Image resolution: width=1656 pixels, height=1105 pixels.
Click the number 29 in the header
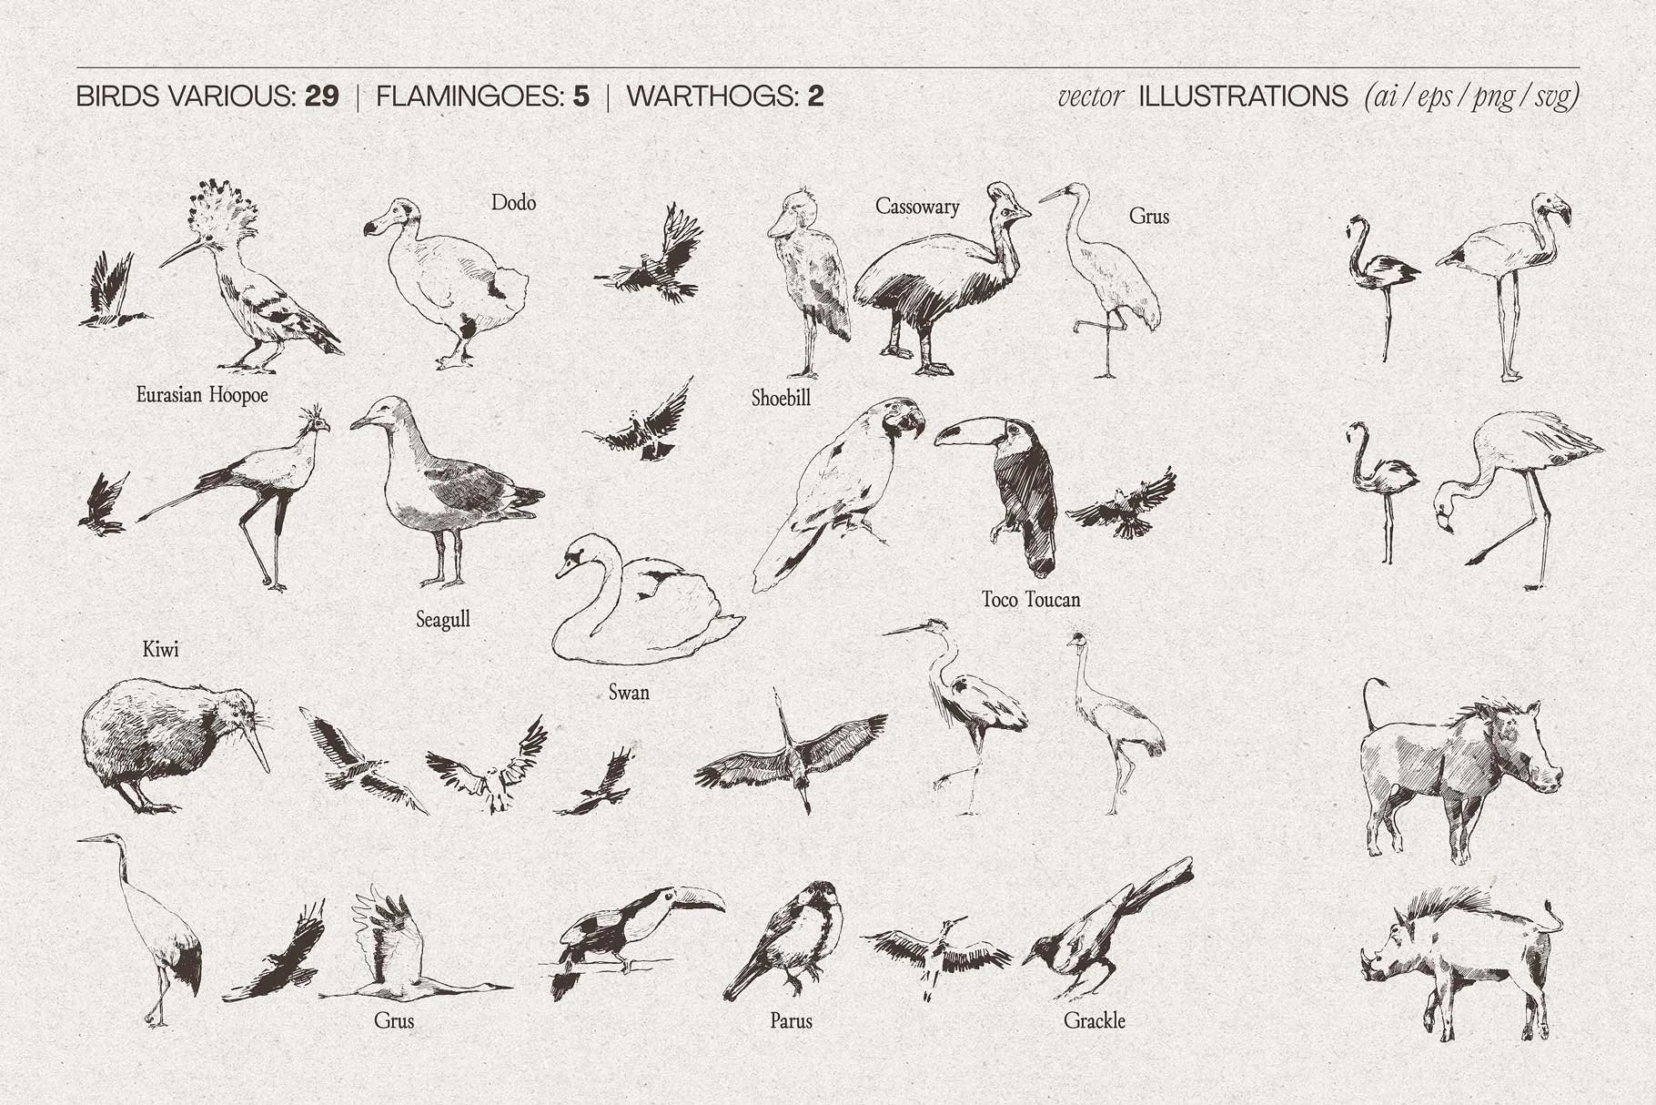click(322, 96)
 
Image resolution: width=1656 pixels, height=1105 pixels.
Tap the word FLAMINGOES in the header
click(470, 96)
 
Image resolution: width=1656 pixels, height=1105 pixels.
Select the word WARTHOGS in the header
click(712, 96)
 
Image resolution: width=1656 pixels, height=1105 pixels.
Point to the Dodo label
click(513, 202)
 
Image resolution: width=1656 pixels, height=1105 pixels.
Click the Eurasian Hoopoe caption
click(202, 395)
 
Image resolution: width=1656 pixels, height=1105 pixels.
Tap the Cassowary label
click(917, 207)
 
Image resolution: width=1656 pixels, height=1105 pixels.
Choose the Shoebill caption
click(781, 398)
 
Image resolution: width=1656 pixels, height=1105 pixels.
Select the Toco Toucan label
click(1031, 599)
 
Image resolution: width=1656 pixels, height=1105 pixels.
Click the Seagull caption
click(443, 620)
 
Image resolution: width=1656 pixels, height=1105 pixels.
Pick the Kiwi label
click(161, 649)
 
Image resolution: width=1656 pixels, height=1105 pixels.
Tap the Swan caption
click(629, 693)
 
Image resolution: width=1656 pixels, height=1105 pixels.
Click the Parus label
click(791, 1021)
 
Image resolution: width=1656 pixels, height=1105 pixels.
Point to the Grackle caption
click(1095, 1021)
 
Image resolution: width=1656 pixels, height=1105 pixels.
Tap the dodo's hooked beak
click(374, 227)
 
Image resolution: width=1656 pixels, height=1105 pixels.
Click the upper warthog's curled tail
click(1371, 705)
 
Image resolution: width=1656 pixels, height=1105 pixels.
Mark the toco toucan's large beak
click(966, 430)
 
